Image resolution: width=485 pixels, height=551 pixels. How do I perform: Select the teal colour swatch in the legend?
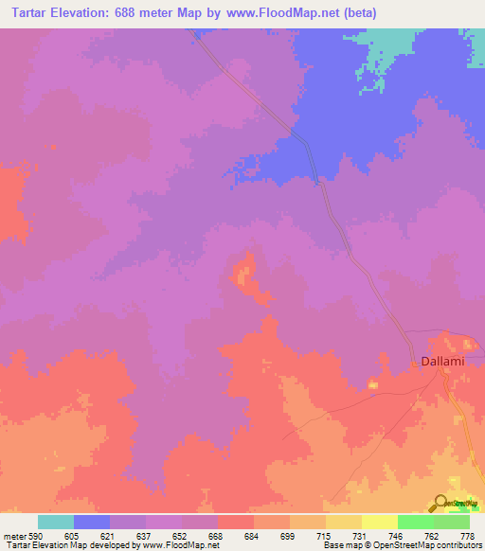point(56,522)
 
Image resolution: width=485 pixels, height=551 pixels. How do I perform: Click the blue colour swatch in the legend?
point(92,522)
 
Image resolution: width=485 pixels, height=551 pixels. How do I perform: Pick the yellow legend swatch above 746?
point(380,522)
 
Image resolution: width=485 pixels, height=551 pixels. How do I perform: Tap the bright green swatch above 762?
point(416,522)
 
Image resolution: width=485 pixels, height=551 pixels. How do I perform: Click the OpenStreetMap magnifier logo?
point(440,502)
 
